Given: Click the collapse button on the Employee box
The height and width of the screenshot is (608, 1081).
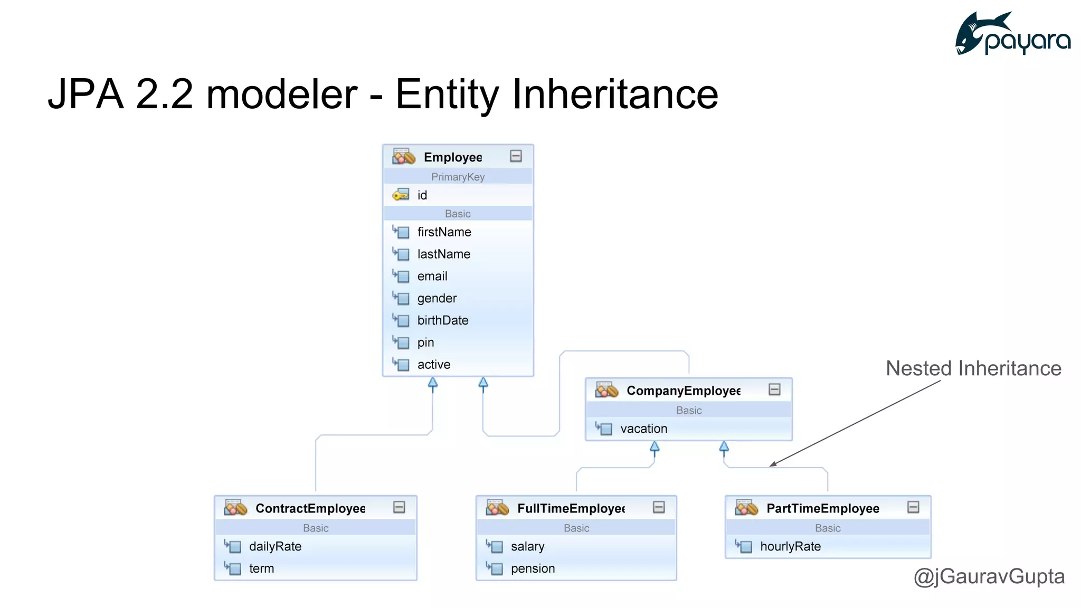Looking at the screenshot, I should (516, 156).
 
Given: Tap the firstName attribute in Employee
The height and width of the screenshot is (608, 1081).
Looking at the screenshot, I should (444, 232).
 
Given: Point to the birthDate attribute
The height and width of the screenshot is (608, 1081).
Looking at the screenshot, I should (442, 320).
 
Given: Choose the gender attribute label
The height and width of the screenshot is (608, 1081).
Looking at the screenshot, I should (437, 298).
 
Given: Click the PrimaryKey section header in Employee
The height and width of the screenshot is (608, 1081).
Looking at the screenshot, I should (458, 177).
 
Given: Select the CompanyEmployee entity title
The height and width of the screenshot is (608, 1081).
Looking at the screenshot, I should (683, 391).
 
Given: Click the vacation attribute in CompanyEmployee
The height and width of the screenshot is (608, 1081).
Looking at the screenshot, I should (643, 429).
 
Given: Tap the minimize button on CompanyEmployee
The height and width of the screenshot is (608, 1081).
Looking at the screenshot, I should (774, 389).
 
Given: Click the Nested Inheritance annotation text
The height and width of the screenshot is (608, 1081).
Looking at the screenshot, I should (973, 368).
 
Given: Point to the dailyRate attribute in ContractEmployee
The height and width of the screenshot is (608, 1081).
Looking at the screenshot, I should (275, 546).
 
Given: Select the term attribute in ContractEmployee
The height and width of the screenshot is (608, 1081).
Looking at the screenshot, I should (261, 568).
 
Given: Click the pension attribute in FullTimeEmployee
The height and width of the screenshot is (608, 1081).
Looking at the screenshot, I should (533, 568).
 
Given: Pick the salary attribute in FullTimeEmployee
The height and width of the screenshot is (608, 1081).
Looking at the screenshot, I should (527, 546).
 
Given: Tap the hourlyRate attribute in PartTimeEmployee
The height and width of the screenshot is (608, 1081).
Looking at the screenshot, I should (790, 546).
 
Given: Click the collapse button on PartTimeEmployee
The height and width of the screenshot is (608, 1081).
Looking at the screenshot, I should (913, 507).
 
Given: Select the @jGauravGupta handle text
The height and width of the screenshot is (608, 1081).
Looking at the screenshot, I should (989, 576).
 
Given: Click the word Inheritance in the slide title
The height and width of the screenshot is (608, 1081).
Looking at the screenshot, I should (615, 94).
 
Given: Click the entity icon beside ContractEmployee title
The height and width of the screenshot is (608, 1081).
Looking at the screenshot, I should (235, 508).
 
